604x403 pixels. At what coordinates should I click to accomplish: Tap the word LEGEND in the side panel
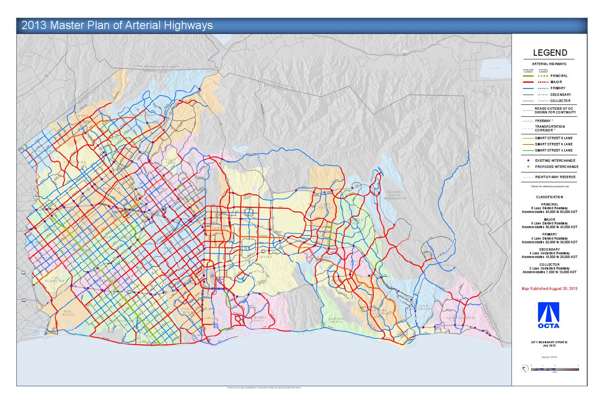[x=550, y=53]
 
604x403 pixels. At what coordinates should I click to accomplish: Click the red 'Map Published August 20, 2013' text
[x=549, y=289]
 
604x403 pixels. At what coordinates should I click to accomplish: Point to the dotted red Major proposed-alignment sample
[x=542, y=82]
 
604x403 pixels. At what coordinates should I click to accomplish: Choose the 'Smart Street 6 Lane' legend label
[x=554, y=144]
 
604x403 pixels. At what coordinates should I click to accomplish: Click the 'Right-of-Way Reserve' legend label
[x=555, y=177]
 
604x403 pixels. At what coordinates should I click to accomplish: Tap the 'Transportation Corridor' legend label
[x=550, y=129]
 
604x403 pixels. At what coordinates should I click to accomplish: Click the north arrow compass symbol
[x=525, y=369]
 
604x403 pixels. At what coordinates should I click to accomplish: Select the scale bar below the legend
[x=554, y=369]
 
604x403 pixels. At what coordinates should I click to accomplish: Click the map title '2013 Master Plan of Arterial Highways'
[x=117, y=25]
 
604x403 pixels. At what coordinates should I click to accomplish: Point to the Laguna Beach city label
[x=336, y=320]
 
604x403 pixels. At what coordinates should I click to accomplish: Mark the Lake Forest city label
[x=325, y=206]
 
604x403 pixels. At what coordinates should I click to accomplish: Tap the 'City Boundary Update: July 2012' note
[x=549, y=343]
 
